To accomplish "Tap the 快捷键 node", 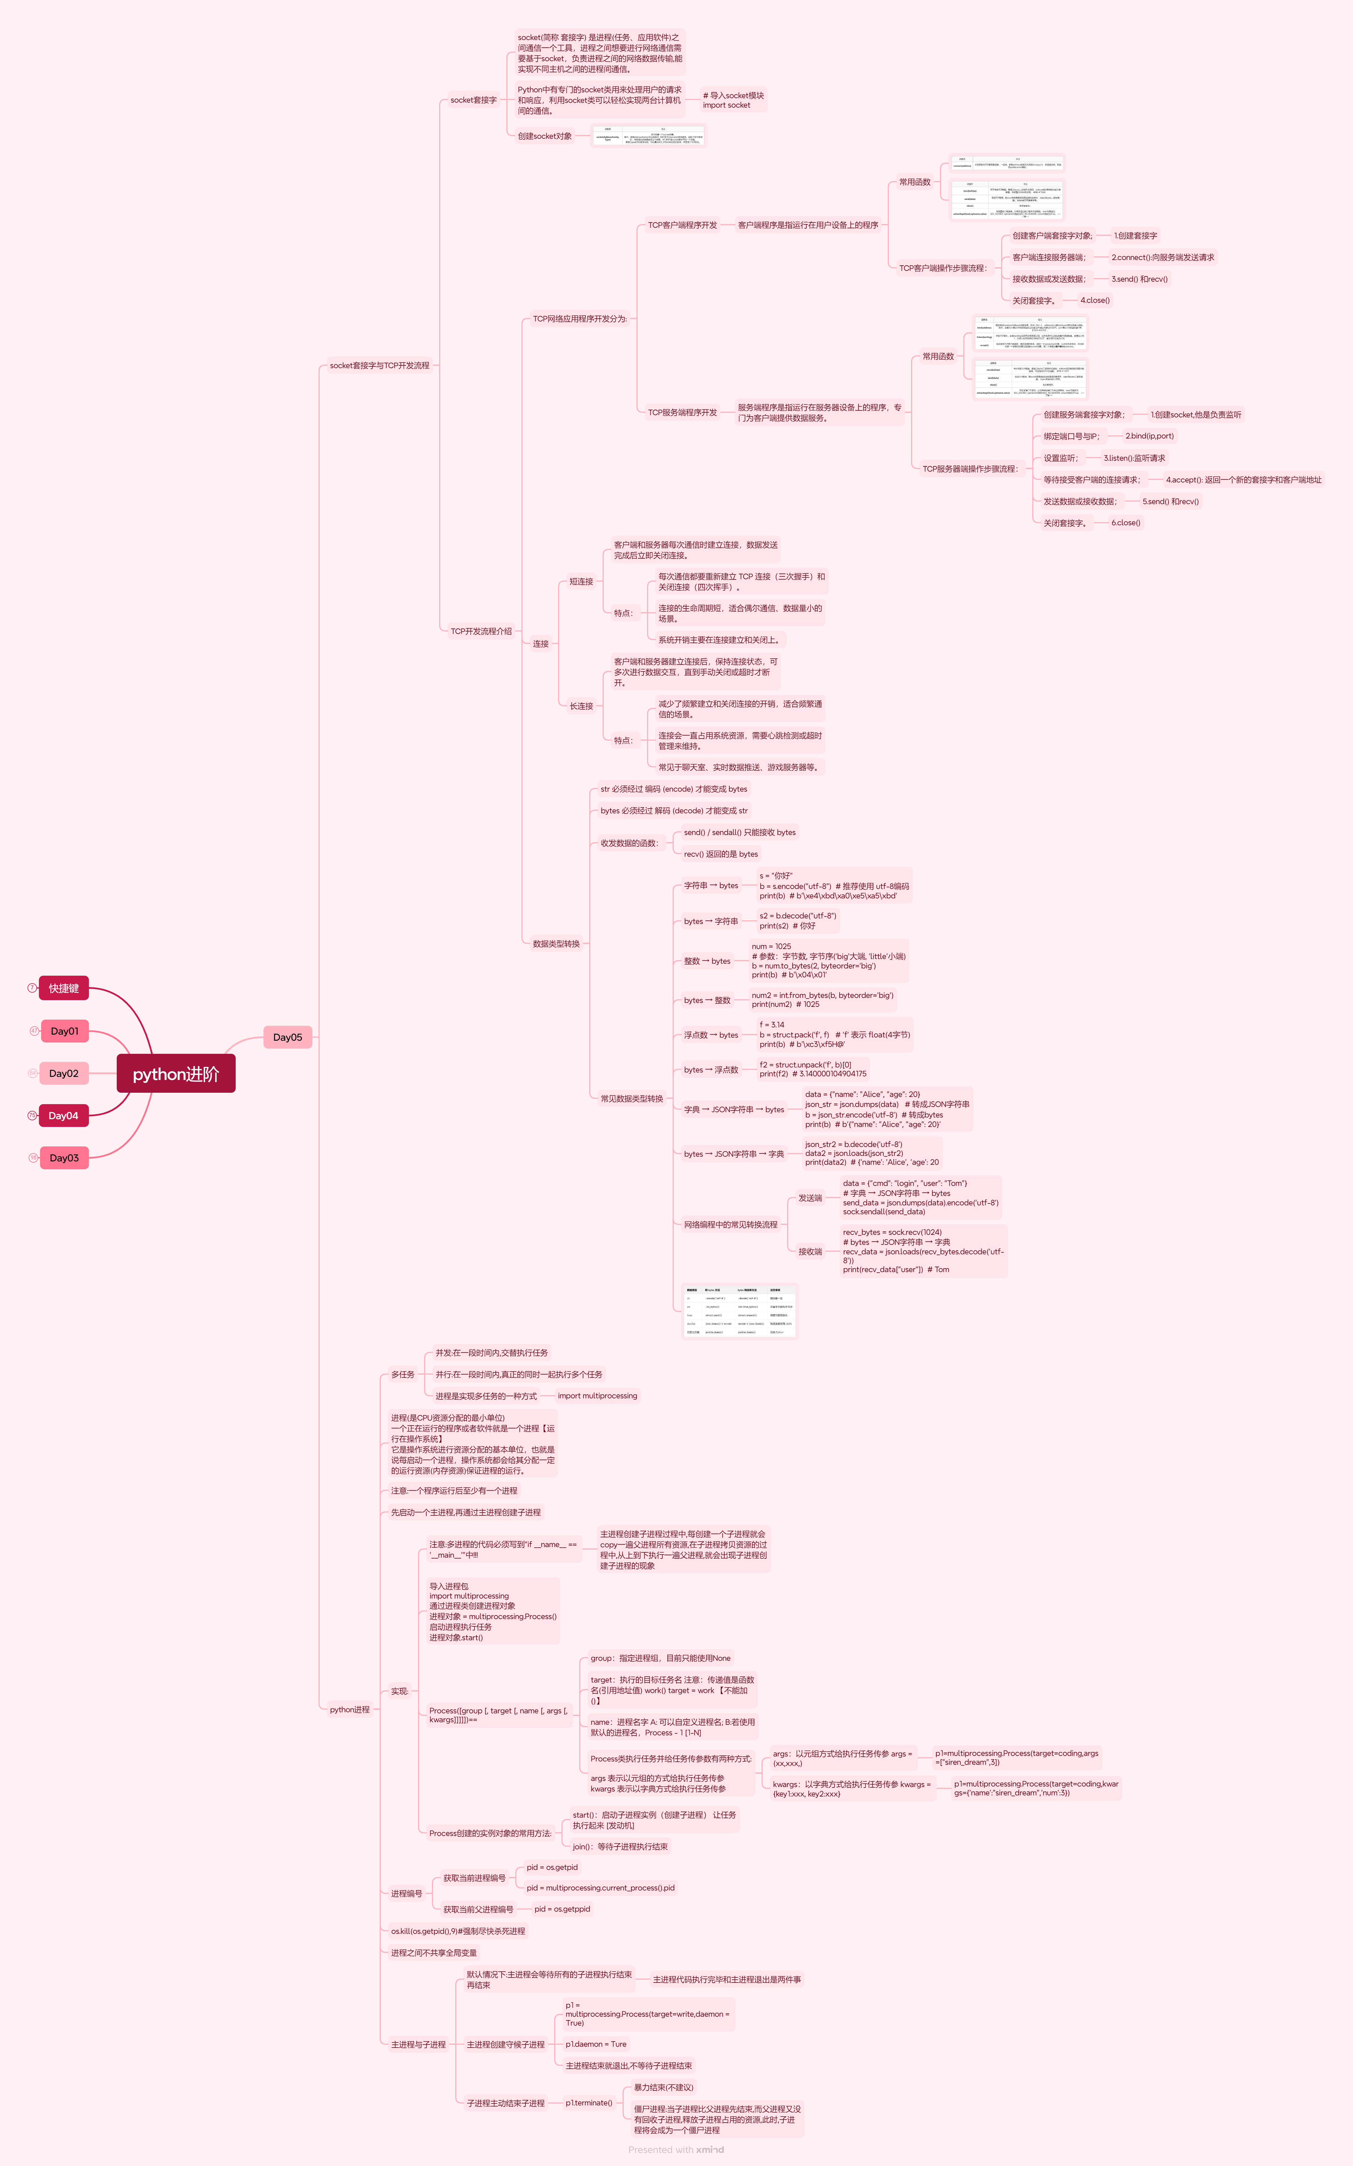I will pyautogui.click(x=64, y=988).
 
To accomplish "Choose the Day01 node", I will pyautogui.click(x=64, y=1031).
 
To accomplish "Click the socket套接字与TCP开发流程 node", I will pyautogui.click(x=379, y=365).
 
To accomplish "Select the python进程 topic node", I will pyautogui.click(x=349, y=1709).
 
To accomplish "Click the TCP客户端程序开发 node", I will pyautogui.click(x=682, y=225).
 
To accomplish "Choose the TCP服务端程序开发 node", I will pyautogui.click(x=682, y=413).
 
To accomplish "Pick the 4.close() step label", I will pyautogui.click(x=1095, y=301).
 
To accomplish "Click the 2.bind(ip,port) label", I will pyautogui.click(x=1149, y=436).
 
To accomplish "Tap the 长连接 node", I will pyautogui.click(x=582, y=706).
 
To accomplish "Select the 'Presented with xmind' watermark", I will pyautogui.click(x=676, y=2150).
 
